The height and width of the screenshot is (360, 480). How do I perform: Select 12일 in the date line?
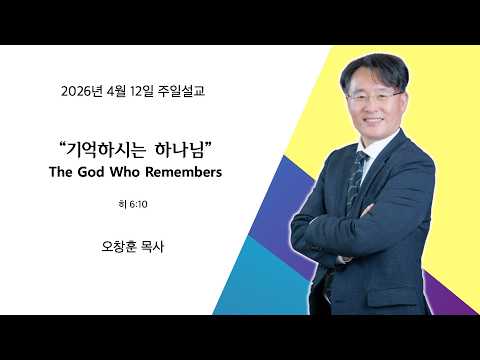click(x=142, y=91)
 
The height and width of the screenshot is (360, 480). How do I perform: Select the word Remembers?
click(x=183, y=172)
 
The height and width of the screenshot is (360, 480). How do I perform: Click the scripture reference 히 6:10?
click(x=133, y=204)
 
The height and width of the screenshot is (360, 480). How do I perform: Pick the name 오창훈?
click(x=119, y=247)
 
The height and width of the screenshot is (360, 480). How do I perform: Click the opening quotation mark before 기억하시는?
click(x=61, y=145)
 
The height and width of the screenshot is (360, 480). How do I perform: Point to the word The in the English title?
click(x=61, y=172)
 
